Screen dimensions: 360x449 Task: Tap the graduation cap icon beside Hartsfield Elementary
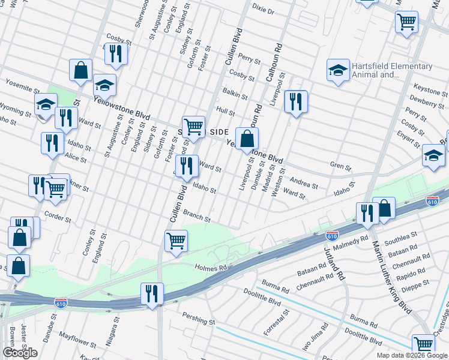click(x=338, y=70)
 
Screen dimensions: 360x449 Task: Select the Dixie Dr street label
click(x=262, y=11)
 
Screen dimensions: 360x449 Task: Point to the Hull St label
click(x=225, y=111)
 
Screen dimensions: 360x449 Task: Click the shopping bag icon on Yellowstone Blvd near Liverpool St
click(x=247, y=139)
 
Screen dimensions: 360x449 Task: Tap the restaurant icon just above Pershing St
click(x=151, y=294)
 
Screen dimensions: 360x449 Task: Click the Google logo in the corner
click(x=19, y=352)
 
